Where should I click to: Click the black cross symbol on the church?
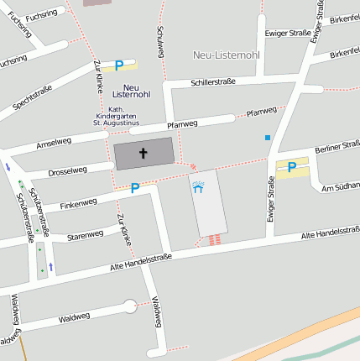click(143, 154)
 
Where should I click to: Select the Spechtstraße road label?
click(32, 97)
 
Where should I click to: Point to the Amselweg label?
click(54, 144)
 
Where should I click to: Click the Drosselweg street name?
click(67, 170)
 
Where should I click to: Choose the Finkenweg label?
click(79, 201)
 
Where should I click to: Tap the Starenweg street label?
click(85, 235)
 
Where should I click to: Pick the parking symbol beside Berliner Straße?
click(291, 167)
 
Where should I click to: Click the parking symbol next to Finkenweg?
click(134, 189)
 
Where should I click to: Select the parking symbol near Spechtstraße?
click(119, 65)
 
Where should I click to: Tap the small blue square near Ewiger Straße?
click(268, 137)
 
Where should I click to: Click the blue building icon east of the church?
click(198, 187)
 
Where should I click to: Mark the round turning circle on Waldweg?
click(129, 306)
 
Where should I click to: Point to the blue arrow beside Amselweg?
click(8, 166)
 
